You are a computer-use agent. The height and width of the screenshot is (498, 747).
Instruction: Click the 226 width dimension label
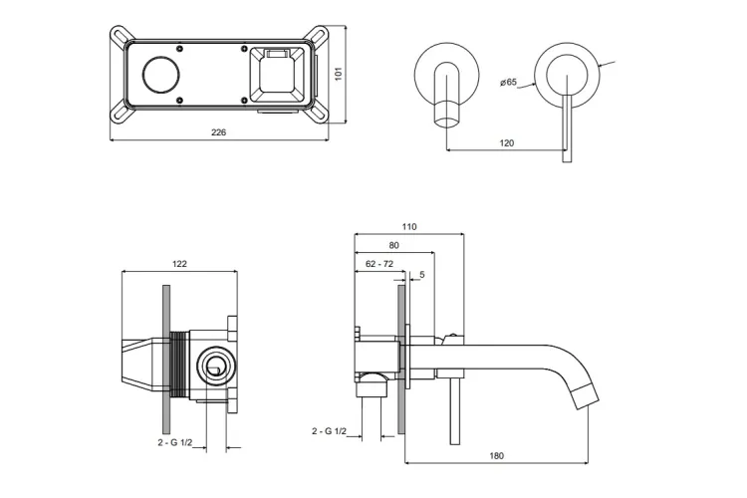click(x=218, y=132)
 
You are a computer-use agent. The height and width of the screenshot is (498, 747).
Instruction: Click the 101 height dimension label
click(x=338, y=73)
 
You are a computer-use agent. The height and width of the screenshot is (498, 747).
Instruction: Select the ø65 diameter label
click(x=510, y=83)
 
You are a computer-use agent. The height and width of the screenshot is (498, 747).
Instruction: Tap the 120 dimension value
click(x=506, y=143)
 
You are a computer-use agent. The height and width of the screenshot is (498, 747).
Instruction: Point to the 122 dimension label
click(x=179, y=264)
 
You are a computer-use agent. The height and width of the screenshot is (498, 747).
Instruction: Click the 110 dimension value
click(x=409, y=227)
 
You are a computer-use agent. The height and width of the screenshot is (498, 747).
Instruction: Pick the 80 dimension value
click(x=393, y=245)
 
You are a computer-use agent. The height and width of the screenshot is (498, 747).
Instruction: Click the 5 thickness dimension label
click(x=422, y=274)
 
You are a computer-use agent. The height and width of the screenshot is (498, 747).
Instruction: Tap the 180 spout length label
click(x=497, y=456)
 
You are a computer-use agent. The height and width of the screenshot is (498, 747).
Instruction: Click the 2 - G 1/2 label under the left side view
click(x=174, y=441)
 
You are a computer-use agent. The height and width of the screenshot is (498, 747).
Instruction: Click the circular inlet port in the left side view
click(x=213, y=365)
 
